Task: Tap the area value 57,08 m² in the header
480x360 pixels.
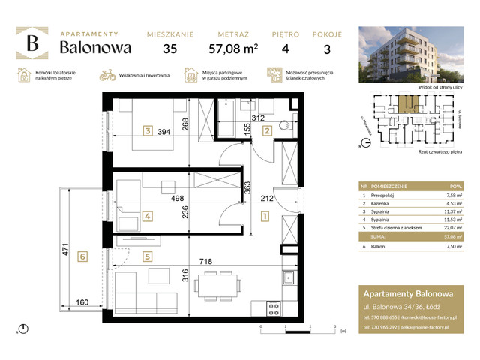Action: pyautogui.click(x=238, y=49)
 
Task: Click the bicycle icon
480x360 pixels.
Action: pyautogui.click(x=107, y=76)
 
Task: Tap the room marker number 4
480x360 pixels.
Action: pyautogui.click(x=148, y=217)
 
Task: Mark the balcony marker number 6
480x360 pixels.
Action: pyautogui.click(x=83, y=256)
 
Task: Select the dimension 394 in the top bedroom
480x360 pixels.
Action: pyautogui.click(x=175, y=132)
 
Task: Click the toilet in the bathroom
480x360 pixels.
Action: pyautogui.click(x=283, y=125)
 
